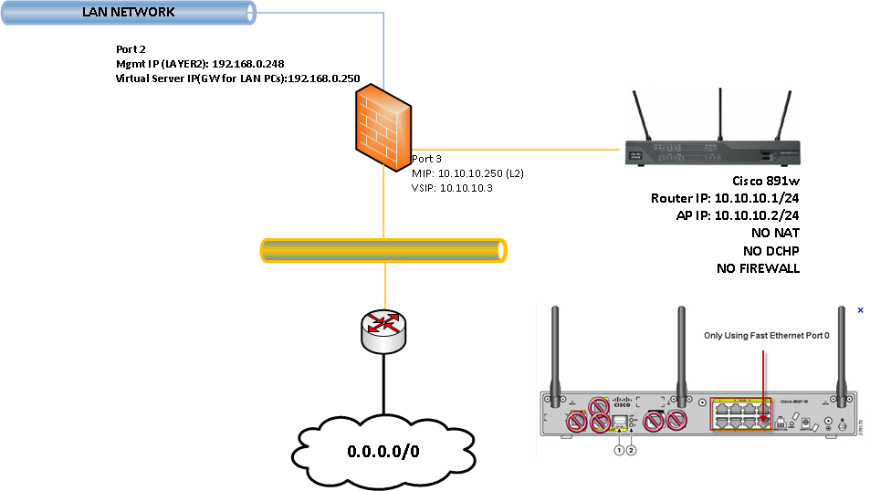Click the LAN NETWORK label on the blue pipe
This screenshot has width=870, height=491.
(x=128, y=13)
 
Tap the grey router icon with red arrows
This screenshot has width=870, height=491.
(x=383, y=331)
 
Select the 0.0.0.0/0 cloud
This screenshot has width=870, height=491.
(x=383, y=452)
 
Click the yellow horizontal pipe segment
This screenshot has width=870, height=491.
(x=383, y=251)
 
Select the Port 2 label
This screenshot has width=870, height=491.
(x=131, y=49)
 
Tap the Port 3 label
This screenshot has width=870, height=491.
(x=427, y=158)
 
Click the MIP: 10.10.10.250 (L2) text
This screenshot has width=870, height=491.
(x=468, y=172)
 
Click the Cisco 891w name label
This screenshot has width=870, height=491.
(x=766, y=181)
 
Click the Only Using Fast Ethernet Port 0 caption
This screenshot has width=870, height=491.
(x=767, y=336)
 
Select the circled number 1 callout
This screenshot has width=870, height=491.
(x=618, y=449)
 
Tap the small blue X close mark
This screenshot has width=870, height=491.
(x=860, y=310)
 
